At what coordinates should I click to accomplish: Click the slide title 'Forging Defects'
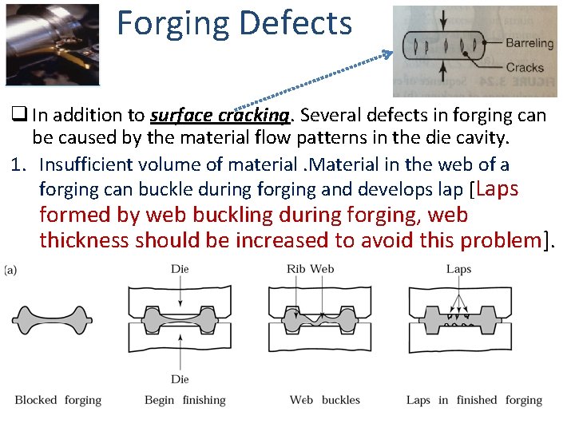click(234, 23)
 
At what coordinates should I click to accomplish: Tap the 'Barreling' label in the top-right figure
click(529, 42)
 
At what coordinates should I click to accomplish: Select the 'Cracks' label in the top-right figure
click(524, 68)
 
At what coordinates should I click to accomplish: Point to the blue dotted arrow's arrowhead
click(389, 54)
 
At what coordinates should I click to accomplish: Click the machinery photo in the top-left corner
click(52, 44)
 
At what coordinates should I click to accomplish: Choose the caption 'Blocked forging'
click(58, 400)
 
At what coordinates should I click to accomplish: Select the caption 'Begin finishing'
click(185, 400)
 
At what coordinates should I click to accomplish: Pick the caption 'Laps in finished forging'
click(474, 400)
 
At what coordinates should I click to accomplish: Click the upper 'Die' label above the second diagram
click(180, 269)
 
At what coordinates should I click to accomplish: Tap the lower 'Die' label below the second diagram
click(180, 378)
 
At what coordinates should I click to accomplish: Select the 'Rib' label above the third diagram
click(296, 269)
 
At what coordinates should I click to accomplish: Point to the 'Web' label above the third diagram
click(322, 269)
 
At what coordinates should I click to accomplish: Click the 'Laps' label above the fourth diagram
click(458, 269)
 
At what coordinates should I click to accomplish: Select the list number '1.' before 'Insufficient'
click(19, 165)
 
